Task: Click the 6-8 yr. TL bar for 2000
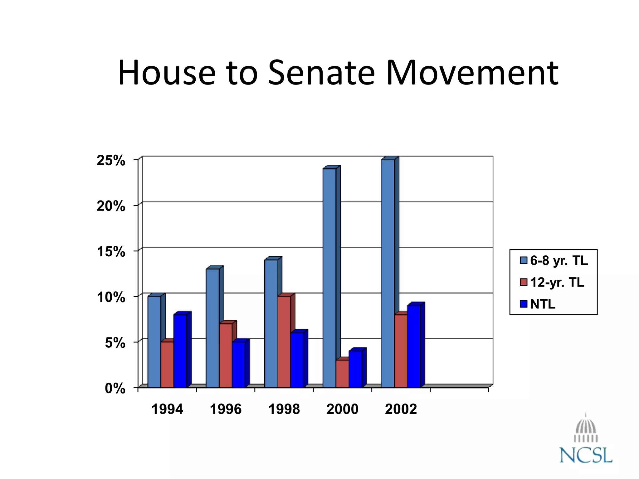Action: (x=329, y=278)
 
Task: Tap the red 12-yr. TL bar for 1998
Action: (x=284, y=342)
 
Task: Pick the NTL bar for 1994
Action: (x=180, y=351)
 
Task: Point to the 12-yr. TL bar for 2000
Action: (x=342, y=374)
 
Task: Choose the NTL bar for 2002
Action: (x=414, y=346)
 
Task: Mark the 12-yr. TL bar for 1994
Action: (x=167, y=365)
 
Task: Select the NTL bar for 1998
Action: (x=297, y=360)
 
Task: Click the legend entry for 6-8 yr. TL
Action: (x=554, y=261)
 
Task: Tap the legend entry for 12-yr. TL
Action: (x=552, y=282)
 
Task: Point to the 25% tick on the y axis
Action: (x=111, y=161)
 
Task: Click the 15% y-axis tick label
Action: (x=111, y=252)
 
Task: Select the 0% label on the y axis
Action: (x=115, y=389)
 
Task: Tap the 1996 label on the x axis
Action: (x=226, y=409)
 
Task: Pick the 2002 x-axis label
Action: (x=401, y=409)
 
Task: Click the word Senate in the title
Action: (x=321, y=73)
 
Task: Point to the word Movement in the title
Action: (x=472, y=73)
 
